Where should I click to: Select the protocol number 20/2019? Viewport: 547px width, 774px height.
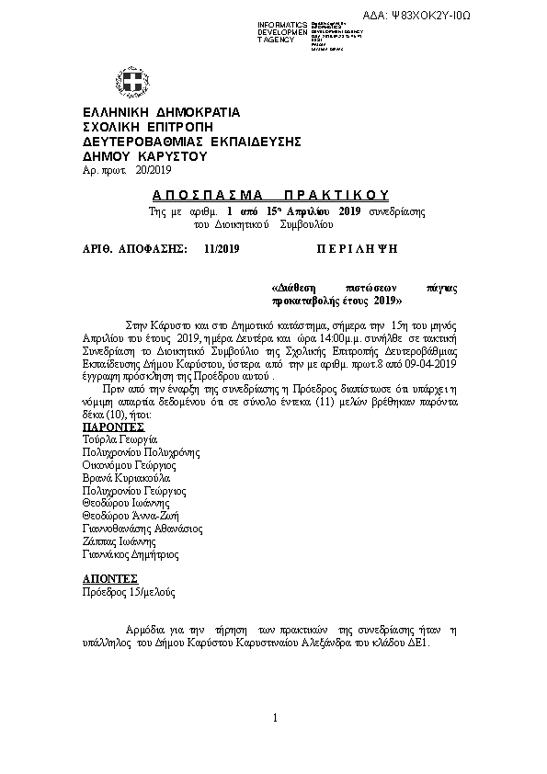(x=153, y=170)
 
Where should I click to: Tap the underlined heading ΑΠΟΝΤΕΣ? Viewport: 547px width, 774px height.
(x=109, y=579)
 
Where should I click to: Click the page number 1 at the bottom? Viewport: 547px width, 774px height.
(x=274, y=716)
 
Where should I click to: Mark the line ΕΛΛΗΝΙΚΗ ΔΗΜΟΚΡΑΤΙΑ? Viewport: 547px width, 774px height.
(x=161, y=111)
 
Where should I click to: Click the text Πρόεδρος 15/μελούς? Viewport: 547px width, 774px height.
(x=129, y=592)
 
